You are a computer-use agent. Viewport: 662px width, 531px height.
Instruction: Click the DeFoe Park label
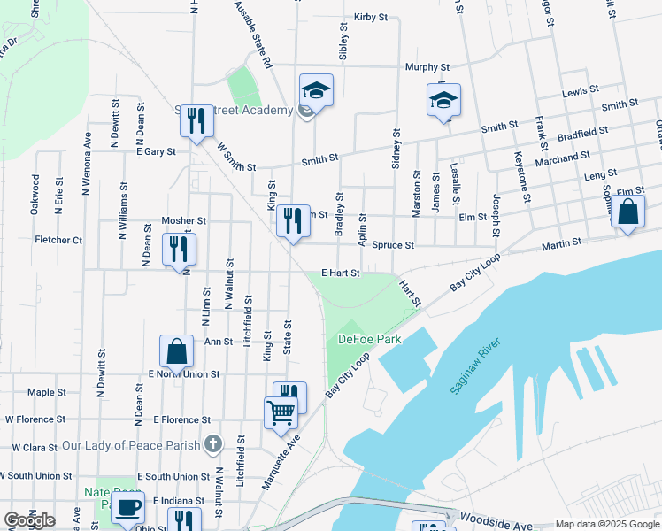[x=369, y=339]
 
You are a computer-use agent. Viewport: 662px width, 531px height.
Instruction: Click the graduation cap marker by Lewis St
[x=444, y=100]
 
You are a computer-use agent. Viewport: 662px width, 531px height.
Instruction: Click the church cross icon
[x=212, y=443]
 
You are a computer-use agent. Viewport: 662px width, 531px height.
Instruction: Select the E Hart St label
[x=340, y=273]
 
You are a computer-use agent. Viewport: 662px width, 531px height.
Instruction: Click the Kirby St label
[x=371, y=17]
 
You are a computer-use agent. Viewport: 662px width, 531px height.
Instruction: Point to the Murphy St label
[x=427, y=67]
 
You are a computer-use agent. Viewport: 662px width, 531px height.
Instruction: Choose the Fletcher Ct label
[x=58, y=240]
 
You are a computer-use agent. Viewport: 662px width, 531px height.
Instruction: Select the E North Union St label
[x=184, y=374]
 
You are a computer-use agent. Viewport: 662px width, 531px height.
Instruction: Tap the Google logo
[x=29, y=520]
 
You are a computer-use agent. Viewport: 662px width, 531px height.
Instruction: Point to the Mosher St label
[x=183, y=220]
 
